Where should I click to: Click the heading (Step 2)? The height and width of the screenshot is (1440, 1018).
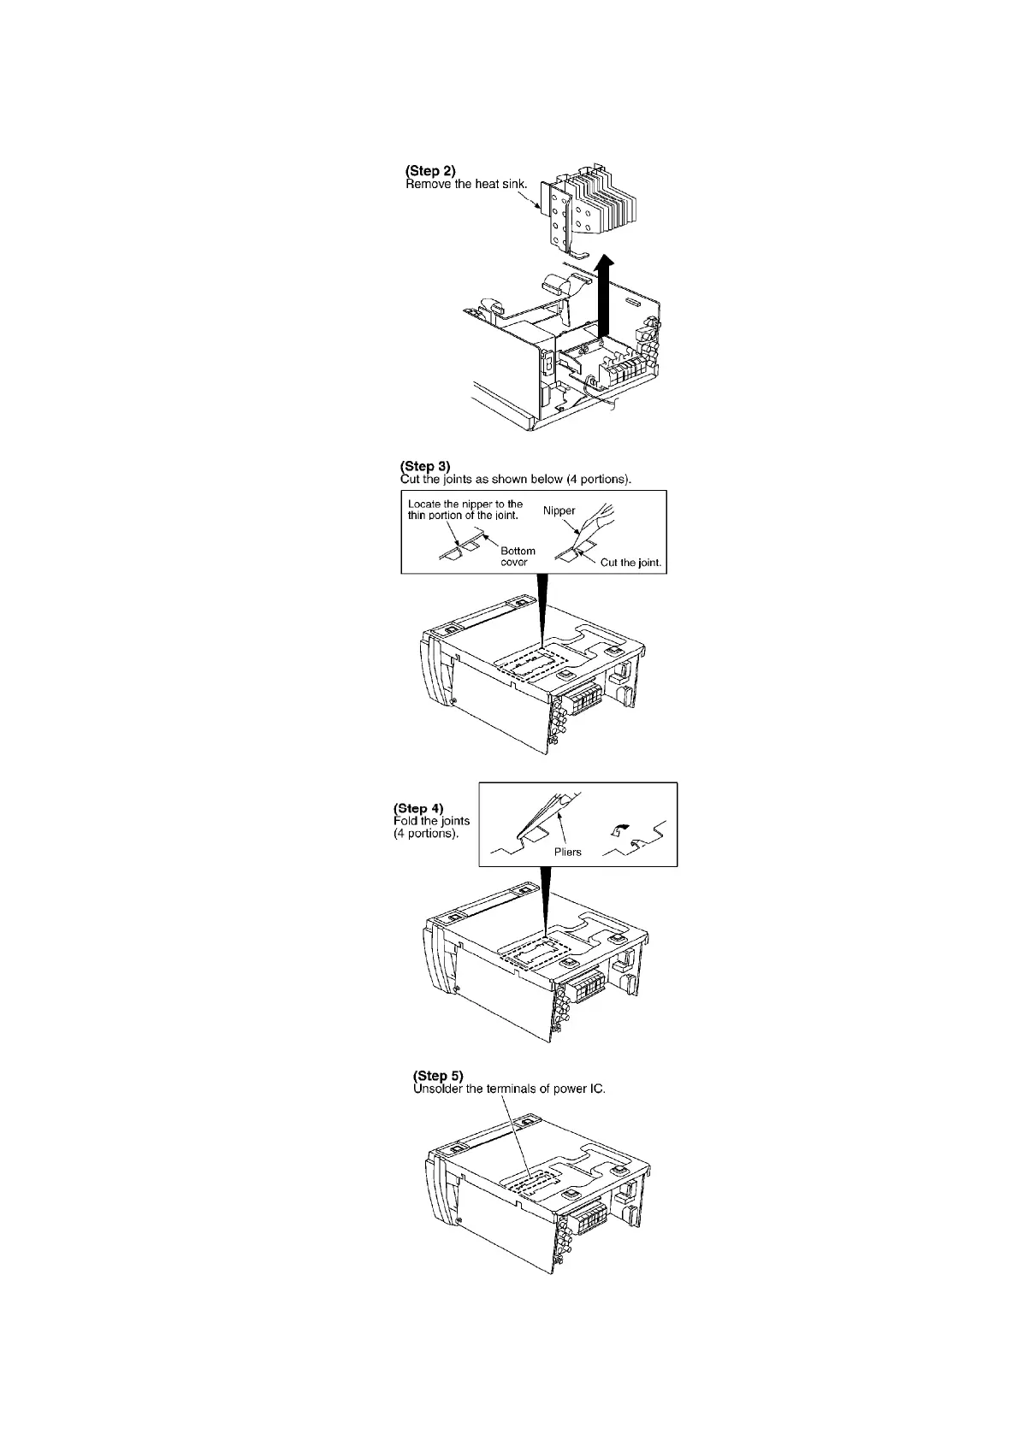click(x=429, y=171)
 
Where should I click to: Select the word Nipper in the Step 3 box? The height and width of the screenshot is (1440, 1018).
click(x=559, y=510)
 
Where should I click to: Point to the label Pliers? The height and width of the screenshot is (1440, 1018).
click(x=567, y=852)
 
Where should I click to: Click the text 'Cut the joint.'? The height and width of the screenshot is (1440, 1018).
click(x=631, y=562)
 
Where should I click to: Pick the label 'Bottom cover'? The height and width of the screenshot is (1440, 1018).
click(x=518, y=557)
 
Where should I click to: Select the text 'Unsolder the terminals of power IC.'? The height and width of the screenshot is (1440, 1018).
click(x=509, y=1089)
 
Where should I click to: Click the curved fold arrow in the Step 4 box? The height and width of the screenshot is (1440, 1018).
click(x=621, y=828)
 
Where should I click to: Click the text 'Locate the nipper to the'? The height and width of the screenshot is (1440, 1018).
click(x=465, y=505)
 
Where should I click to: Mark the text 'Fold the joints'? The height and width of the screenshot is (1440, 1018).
click(x=431, y=821)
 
